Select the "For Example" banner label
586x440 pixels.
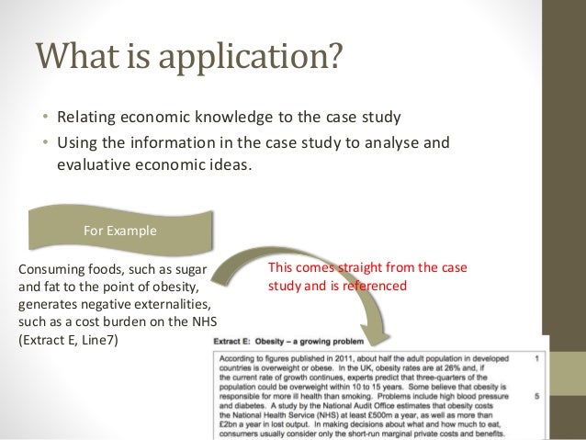tap(118, 231)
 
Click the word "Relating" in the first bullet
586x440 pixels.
tap(87, 118)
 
